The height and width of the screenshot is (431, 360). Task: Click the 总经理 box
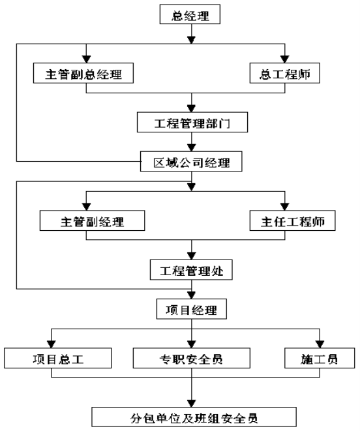pyautogui.click(x=190, y=14)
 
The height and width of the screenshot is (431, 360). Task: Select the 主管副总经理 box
pyautogui.click(x=83, y=73)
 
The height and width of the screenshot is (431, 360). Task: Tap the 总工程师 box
pyautogui.click(x=284, y=73)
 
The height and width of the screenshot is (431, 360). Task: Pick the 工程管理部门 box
pyautogui.click(x=192, y=122)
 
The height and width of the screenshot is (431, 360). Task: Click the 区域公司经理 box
pyautogui.click(x=191, y=161)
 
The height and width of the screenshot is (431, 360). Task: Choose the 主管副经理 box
pyautogui.click(x=92, y=220)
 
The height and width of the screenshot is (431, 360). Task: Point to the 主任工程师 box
pyautogui.click(x=292, y=220)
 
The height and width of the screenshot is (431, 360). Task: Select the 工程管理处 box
pyautogui.click(x=191, y=270)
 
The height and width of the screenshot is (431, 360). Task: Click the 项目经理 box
pyautogui.click(x=192, y=309)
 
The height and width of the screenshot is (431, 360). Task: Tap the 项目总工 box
pyautogui.click(x=58, y=358)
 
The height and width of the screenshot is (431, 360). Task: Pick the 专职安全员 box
pyautogui.click(x=192, y=358)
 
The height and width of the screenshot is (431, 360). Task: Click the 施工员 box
pyautogui.click(x=320, y=358)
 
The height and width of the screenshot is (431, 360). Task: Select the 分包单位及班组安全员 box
pyautogui.click(x=194, y=417)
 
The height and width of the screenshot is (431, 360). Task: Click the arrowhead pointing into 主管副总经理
pyautogui.click(x=86, y=59)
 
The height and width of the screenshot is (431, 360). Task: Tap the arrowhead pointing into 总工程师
pyautogui.click(x=284, y=59)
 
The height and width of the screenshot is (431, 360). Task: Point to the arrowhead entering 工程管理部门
pyautogui.click(x=192, y=108)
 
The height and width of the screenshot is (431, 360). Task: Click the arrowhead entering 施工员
pyautogui.click(x=320, y=344)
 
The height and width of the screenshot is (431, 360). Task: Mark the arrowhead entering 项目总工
pyautogui.click(x=51, y=344)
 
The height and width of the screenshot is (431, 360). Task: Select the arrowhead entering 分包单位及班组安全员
pyautogui.click(x=192, y=404)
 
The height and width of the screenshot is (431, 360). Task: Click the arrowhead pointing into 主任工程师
pyautogui.click(x=284, y=207)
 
